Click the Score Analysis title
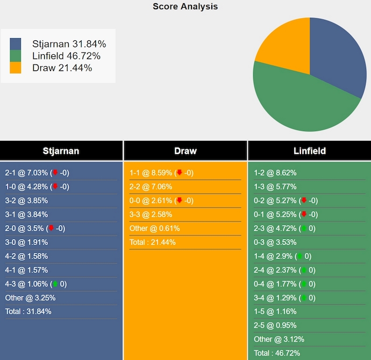(x=185, y=6)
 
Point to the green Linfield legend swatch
(x=16, y=56)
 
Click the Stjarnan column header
(x=61, y=151)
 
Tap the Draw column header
(x=185, y=151)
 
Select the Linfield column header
(x=309, y=151)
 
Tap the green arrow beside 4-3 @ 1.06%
(x=55, y=284)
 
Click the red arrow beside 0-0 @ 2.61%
(x=179, y=200)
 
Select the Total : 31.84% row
(x=28, y=312)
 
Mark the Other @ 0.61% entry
(x=154, y=228)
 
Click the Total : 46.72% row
(x=276, y=353)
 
